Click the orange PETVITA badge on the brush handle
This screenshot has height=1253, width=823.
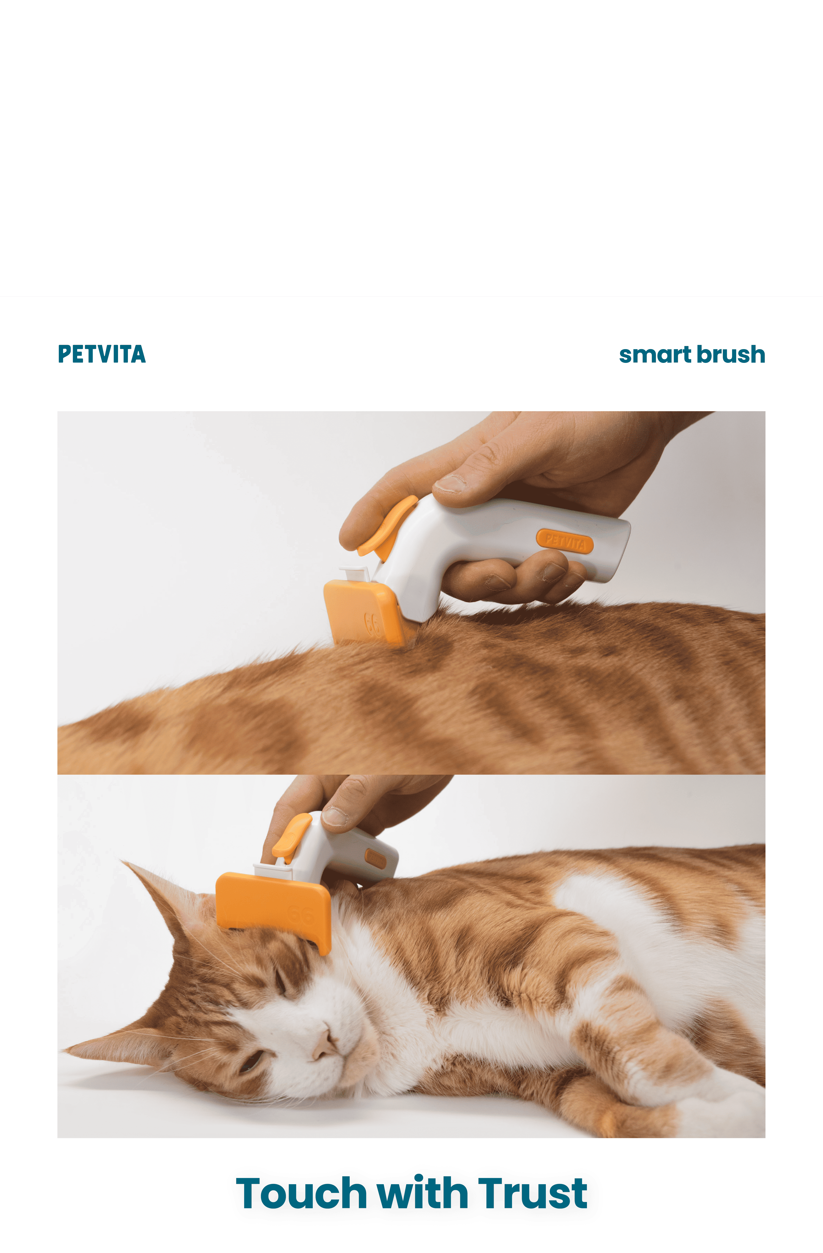(x=564, y=541)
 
